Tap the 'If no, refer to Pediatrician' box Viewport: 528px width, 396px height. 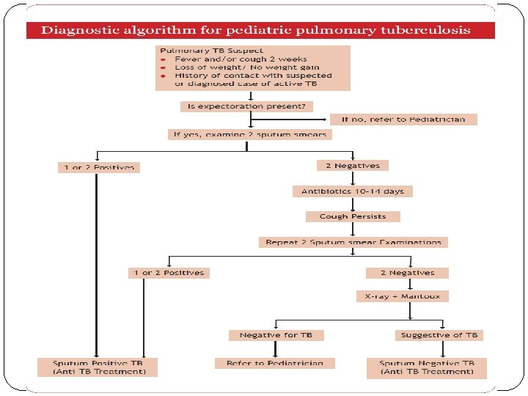403,119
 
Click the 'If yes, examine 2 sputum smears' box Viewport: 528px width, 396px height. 249,134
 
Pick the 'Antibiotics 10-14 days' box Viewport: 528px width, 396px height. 352,191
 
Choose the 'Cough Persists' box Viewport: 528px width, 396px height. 353,216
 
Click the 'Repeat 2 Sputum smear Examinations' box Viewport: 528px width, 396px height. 353,242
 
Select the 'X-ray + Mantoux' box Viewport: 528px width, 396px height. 403,296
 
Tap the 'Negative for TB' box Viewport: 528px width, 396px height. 276,335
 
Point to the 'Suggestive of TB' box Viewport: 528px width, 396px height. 439,335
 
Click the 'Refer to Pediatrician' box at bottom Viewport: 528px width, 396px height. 274,363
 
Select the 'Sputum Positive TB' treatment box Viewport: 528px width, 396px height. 97,367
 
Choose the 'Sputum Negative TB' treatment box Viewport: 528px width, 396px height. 427,367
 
